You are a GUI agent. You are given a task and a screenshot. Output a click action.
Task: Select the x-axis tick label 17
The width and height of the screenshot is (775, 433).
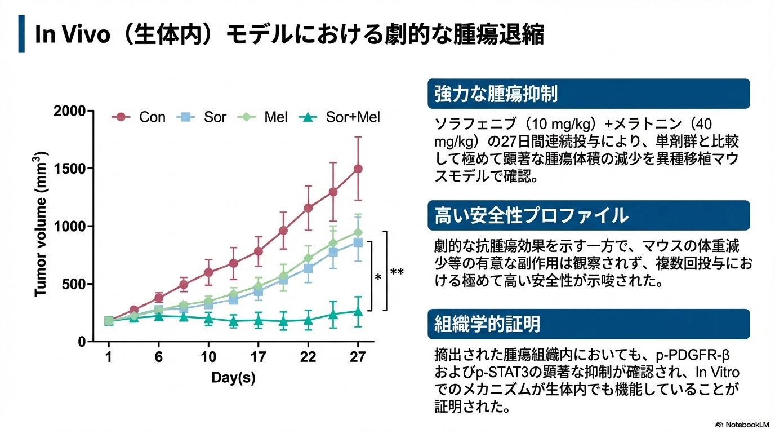258,357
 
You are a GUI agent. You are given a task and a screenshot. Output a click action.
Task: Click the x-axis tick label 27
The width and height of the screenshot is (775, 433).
358,357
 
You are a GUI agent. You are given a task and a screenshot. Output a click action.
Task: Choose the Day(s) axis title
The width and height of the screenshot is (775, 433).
233,378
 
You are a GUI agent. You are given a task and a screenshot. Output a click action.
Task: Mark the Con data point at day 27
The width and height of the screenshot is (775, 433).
358,169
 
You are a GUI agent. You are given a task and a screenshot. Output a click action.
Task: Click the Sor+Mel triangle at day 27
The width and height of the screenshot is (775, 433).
358,311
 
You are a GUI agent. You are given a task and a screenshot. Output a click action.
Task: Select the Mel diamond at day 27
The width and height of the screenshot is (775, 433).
358,232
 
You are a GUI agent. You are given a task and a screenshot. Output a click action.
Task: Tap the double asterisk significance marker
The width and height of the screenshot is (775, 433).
397,272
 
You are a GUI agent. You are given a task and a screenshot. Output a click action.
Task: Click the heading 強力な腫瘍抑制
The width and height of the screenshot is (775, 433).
496,94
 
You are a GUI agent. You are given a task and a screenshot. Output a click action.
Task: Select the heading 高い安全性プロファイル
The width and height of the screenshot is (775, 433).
531,215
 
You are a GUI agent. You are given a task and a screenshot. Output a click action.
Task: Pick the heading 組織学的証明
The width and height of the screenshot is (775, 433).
487,324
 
